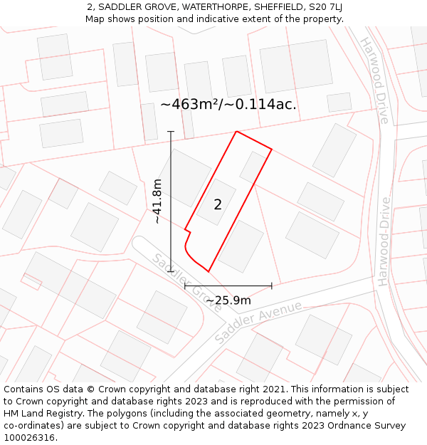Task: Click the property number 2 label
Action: [218, 205]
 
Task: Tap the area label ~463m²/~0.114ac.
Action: [228, 104]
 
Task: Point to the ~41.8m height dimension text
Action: [157, 201]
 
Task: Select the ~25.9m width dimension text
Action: [228, 300]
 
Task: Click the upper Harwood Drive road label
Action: [375, 80]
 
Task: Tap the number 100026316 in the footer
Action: [31, 438]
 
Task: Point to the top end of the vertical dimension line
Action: [171, 132]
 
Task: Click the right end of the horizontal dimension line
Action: [272, 286]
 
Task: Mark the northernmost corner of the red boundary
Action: [236, 132]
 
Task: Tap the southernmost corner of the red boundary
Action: [209, 271]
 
